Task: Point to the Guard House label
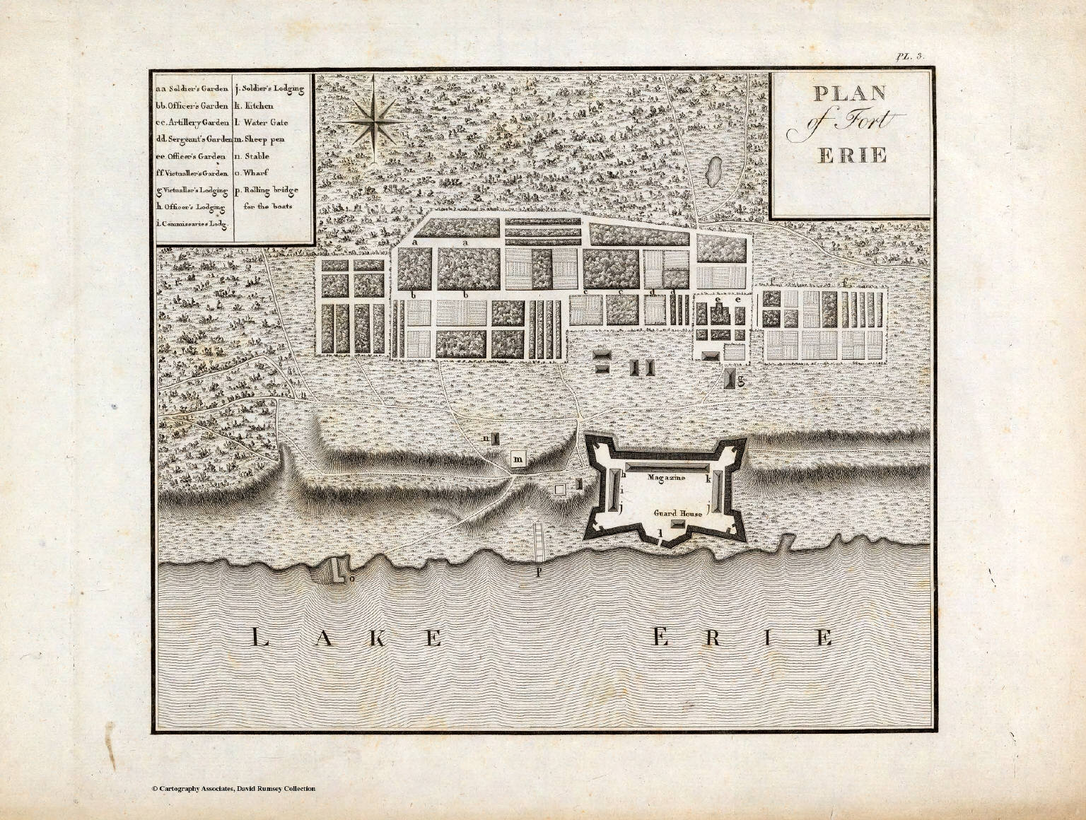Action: [x=677, y=514]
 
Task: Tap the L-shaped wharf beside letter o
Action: [x=333, y=568]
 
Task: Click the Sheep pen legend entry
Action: [x=261, y=139]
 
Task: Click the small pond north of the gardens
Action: [x=714, y=169]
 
